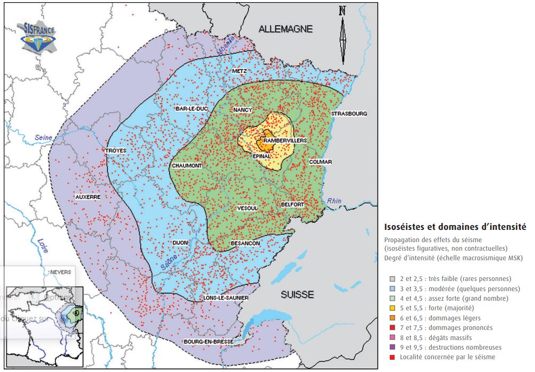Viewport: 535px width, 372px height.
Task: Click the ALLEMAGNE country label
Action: (286, 29)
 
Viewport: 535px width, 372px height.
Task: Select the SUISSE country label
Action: (298, 294)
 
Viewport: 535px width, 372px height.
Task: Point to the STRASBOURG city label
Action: (349, 113)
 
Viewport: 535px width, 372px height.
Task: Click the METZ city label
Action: (240, 71)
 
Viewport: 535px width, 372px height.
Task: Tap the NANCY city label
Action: (243, 110)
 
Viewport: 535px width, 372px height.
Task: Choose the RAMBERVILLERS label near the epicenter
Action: (285, 140)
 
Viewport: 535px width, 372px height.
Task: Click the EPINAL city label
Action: (262, 156)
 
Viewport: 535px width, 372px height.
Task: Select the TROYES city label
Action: (116, 151)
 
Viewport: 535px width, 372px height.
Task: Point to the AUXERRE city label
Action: (88, 196)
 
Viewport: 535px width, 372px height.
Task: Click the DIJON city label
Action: (180, 243)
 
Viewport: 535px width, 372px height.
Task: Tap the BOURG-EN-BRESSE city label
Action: (205, 341)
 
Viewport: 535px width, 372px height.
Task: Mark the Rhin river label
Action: (334, 201)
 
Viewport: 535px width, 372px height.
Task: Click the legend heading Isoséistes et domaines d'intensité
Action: (455, 227)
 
